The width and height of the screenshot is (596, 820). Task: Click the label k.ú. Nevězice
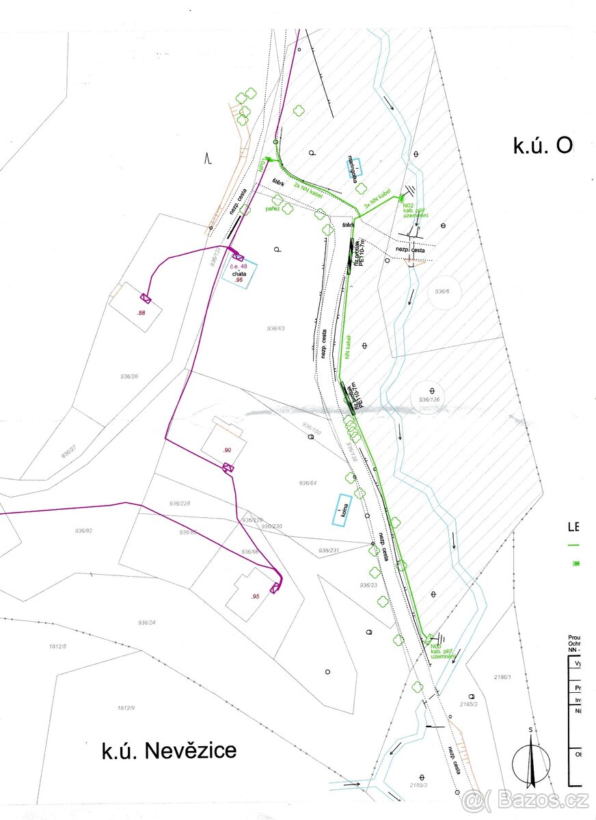click(169, 750)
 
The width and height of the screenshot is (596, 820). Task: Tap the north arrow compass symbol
click(531, 758)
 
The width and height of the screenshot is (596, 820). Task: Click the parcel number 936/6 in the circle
click(443, 292)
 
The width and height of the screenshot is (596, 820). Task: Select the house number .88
click(141, 312)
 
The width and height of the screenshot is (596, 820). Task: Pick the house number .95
click(255, 597)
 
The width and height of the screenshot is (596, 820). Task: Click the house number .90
click(228, 450)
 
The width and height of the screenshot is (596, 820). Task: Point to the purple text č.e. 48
click(238, 266)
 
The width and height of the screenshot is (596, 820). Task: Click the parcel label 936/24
click(147, 623)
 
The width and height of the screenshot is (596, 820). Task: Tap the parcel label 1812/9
click(125, 708)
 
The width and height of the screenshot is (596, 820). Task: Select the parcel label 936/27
click(68, 452)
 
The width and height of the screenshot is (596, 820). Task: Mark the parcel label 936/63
click(276, 329)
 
